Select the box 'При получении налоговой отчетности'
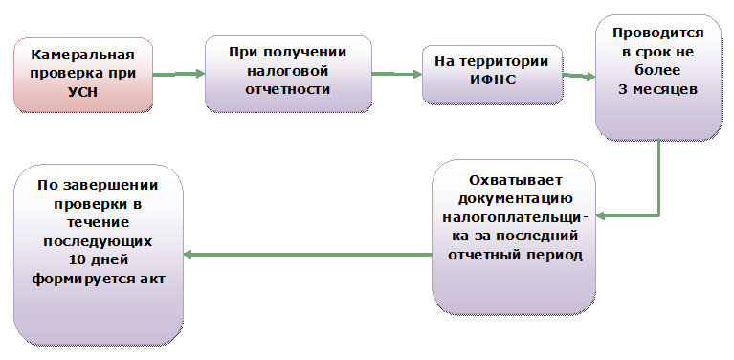pyautogui.click(x=287, y=73)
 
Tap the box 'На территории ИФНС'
pyautogui.click(x=492, y=72)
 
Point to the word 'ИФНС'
pyautogui.click(x=493, y=79)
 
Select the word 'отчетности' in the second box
pyautogui.click(x=287, y=89)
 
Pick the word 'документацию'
pyautogui.click(x=515, y=199)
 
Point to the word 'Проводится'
pyautogui.click(x=658, y=34)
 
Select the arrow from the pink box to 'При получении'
pyautogui.click(x=178, y=74)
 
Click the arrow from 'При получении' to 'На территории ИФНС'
pyautogui.click(x=396, y=74)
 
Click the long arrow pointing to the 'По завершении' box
pyautogui.click(x=306, y=255)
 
